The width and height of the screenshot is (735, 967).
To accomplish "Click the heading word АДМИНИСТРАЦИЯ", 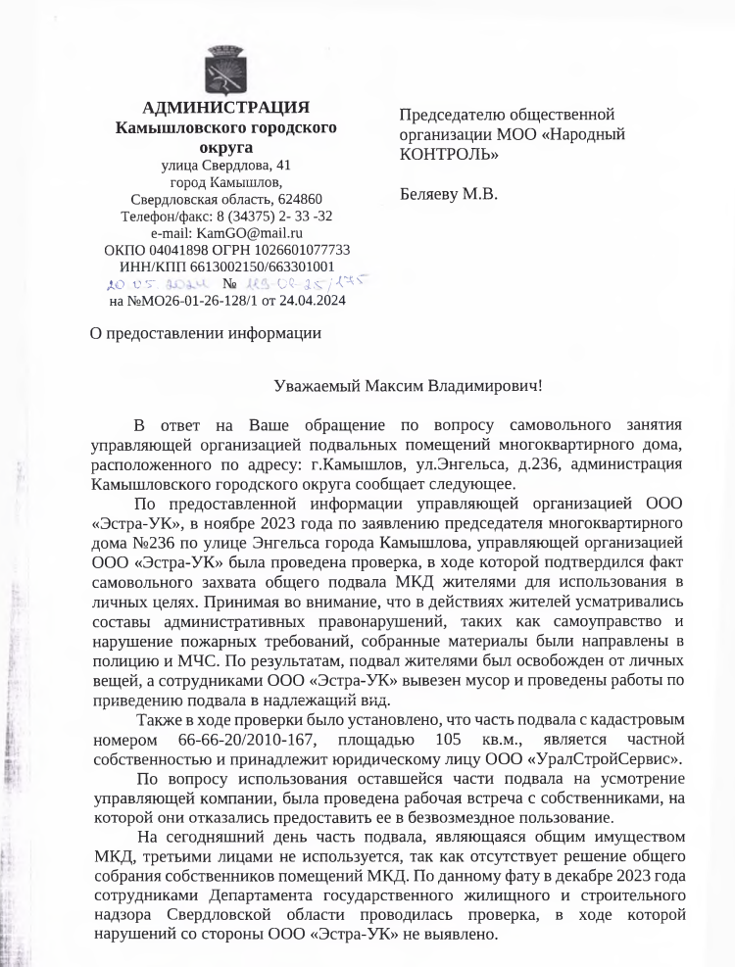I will [x=226, y=107].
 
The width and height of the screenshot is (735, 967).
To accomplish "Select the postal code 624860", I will [x=299, y=199].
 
